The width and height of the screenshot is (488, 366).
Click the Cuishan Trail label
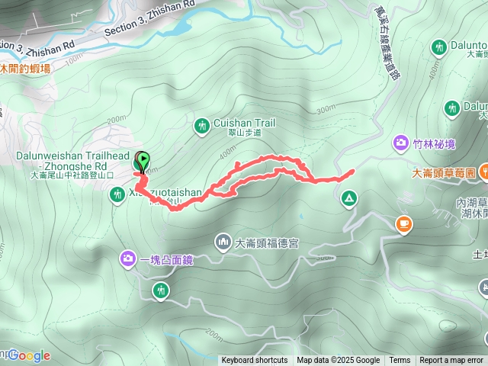tap(244, 122)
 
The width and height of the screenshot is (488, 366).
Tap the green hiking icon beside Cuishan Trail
tap(202, 124)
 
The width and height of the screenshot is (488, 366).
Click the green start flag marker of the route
tap(142, 160)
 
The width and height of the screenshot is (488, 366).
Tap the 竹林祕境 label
tap(434, 143)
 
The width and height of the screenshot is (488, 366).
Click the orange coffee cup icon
tap(403, 224)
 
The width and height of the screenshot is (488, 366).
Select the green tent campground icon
tap(348, 199)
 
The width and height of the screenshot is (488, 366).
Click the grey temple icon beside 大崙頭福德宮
tap(223, 243)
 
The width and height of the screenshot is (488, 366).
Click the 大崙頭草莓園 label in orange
tap(443, 173)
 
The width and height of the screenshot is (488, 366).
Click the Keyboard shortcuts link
tap(255, 361)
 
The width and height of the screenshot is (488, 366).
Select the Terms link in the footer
tap(400, 361)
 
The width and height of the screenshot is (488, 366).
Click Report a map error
tap(451, 361)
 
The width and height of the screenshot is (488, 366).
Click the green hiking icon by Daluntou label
tap(440, 48)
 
